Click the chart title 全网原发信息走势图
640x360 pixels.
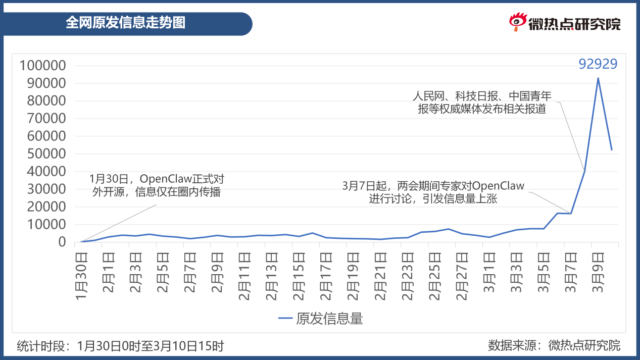point(126,23)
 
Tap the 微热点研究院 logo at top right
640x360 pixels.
point(564,23)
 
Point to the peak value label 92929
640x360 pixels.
point(598,64)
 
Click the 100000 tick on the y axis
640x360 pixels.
point(42,66)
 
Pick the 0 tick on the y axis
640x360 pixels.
point(62,242)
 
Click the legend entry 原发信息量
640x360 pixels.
point(321,319)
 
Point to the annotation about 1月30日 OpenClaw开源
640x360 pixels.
point(157,185)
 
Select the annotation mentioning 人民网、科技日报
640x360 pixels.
point(482,102)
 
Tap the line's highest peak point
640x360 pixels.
point(598,78)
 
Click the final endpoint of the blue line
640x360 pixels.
point(612,150)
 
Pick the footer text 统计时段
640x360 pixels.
point(120,346)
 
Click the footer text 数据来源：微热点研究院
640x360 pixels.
point(554,346)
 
